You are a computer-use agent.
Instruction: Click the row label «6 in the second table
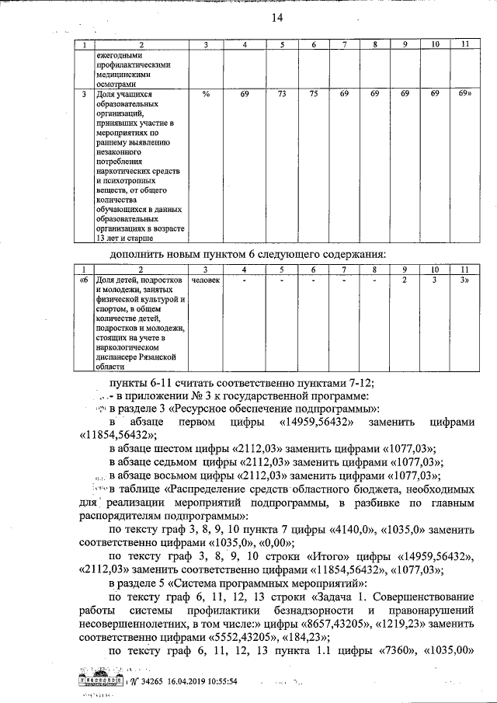(84, 280)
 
